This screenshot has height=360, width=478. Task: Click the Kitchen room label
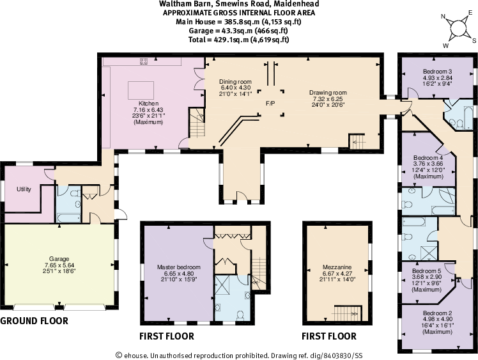pos(148,104)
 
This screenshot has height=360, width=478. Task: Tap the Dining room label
pos(236,82)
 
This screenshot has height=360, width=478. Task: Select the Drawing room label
pos(327,93)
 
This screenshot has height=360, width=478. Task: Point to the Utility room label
pos(24,189)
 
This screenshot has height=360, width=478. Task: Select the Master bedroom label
pos(179,267)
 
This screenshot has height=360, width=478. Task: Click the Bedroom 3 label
pos(438,71)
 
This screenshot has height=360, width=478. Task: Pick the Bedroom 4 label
pos(428,157)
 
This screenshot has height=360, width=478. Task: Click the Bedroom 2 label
pos(438,313)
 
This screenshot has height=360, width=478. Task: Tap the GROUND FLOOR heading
pos(34,321)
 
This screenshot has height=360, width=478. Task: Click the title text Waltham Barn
pos(181,3)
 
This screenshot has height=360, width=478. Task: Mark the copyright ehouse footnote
pos(239,355)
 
